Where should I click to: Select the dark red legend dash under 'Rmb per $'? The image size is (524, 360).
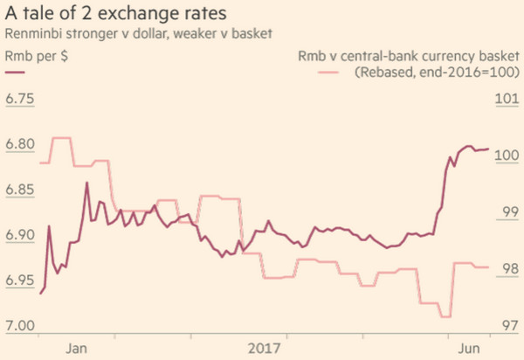click(x=16, y=74)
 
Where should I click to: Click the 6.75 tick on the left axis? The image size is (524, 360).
click(x=22, y=98)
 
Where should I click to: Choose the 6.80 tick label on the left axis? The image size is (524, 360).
click(x=22, y=143)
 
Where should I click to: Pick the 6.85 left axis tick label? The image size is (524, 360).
click(x=22, y=189)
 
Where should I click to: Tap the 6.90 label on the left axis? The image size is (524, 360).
click(x=22, y=235)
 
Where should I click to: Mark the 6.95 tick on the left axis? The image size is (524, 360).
click(x=22, y=280)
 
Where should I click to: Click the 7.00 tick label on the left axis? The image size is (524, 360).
click(x=22, y=326)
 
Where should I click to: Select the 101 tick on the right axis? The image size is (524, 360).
click(x=507, y=98)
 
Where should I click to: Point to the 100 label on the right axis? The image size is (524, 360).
click(x=507, y=155)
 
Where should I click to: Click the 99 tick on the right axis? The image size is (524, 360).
click(x=507, y=212)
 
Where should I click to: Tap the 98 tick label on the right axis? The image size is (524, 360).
click(x=507, y=269)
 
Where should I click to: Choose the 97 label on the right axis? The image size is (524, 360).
click(x=507, y=326)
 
